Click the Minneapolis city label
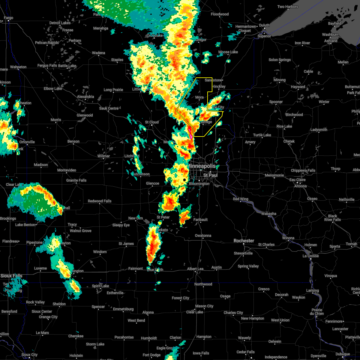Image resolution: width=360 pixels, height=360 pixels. pos(202,166)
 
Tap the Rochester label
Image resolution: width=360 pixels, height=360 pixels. pos(244,241)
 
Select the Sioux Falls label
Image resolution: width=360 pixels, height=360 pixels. pos(11,276)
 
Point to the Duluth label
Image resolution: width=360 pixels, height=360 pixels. pos(264,25)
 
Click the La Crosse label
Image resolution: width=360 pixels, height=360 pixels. pos(311,256)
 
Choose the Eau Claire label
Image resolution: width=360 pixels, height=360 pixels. pos(297,180)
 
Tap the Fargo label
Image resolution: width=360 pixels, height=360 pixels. pos(8,18)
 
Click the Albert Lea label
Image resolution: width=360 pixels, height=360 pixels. pos(195,269)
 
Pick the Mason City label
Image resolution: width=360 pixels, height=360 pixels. pos(204,306)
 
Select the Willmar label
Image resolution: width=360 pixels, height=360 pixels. pos(103,156)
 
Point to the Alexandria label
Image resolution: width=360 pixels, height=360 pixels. pos(85,97)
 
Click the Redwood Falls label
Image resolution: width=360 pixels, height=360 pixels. pos(100,201)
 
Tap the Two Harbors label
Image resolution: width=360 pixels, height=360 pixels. pos(288,7)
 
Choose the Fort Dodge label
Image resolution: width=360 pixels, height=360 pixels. pos(151,355)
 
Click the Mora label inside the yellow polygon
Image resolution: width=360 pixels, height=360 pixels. pos(199,97)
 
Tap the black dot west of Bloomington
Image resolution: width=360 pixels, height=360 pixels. pos(184,180)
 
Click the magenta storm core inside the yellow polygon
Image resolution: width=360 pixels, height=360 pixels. pos(190,132)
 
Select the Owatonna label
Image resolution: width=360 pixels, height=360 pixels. pos(203,235)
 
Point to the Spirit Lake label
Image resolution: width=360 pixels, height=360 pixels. pos(100,286)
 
